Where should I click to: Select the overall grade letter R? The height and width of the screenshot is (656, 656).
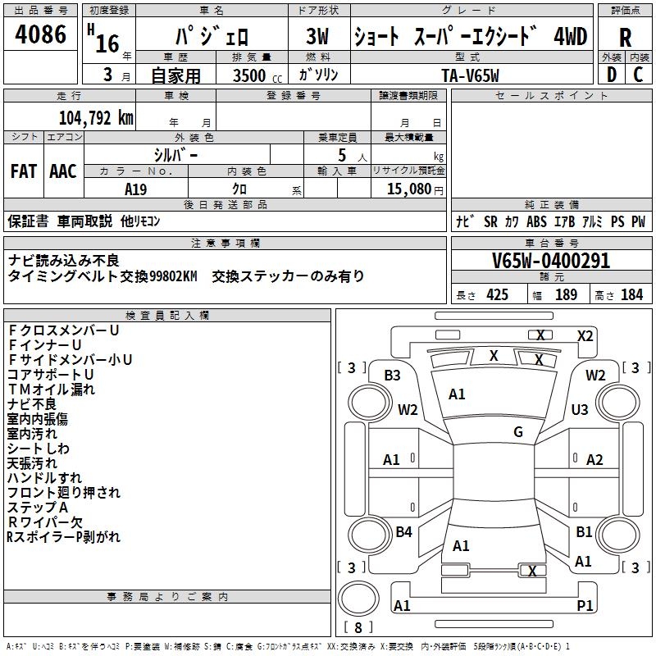pos(625,38)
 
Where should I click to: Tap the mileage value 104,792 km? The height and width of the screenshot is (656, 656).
pos(96,118)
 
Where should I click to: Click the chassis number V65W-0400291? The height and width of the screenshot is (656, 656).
pos(551,261)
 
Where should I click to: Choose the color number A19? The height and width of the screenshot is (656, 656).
pos(136,189)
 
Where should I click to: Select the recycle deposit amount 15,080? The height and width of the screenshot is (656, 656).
pos(410,189)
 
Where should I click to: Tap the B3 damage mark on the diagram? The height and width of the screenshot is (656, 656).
pos(392,376)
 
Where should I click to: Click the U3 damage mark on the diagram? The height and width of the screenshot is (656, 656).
pos(580,409)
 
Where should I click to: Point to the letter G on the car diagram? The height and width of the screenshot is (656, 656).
pos(518,432)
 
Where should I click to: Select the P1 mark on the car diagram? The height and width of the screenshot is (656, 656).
pos(585,605)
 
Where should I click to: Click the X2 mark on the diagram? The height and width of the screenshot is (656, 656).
pos(585,335)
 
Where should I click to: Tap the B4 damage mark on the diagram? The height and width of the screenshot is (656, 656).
pos(403,532)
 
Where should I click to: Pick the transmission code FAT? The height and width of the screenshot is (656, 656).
pos(23,171)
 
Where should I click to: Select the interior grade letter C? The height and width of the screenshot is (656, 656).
pos(638,75)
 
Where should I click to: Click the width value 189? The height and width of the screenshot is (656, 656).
pos(567,294)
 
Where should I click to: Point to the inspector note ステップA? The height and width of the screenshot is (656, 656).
pos(38,508)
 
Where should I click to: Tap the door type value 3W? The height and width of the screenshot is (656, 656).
pos(317,38)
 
